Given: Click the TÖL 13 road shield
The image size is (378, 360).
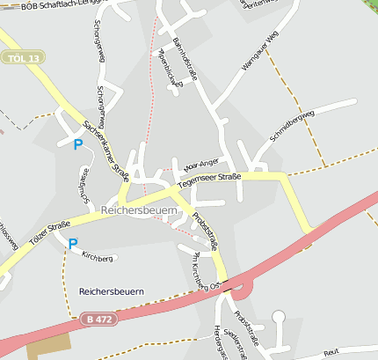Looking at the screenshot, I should (x=23, y=58).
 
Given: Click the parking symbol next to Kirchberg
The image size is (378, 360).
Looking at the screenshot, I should (x=72, y=244).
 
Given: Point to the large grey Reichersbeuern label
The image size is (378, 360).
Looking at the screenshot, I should (x=140, y=211).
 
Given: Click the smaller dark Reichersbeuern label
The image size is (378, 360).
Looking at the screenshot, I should (x=111, y=290).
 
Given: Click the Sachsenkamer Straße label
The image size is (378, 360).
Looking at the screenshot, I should (x=105, y=151).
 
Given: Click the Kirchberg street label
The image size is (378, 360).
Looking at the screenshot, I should (x=98, y=257).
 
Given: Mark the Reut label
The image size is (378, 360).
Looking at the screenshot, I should (x=331, y=351).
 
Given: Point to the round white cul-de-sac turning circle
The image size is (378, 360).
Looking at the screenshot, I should (x=279, y=317).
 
